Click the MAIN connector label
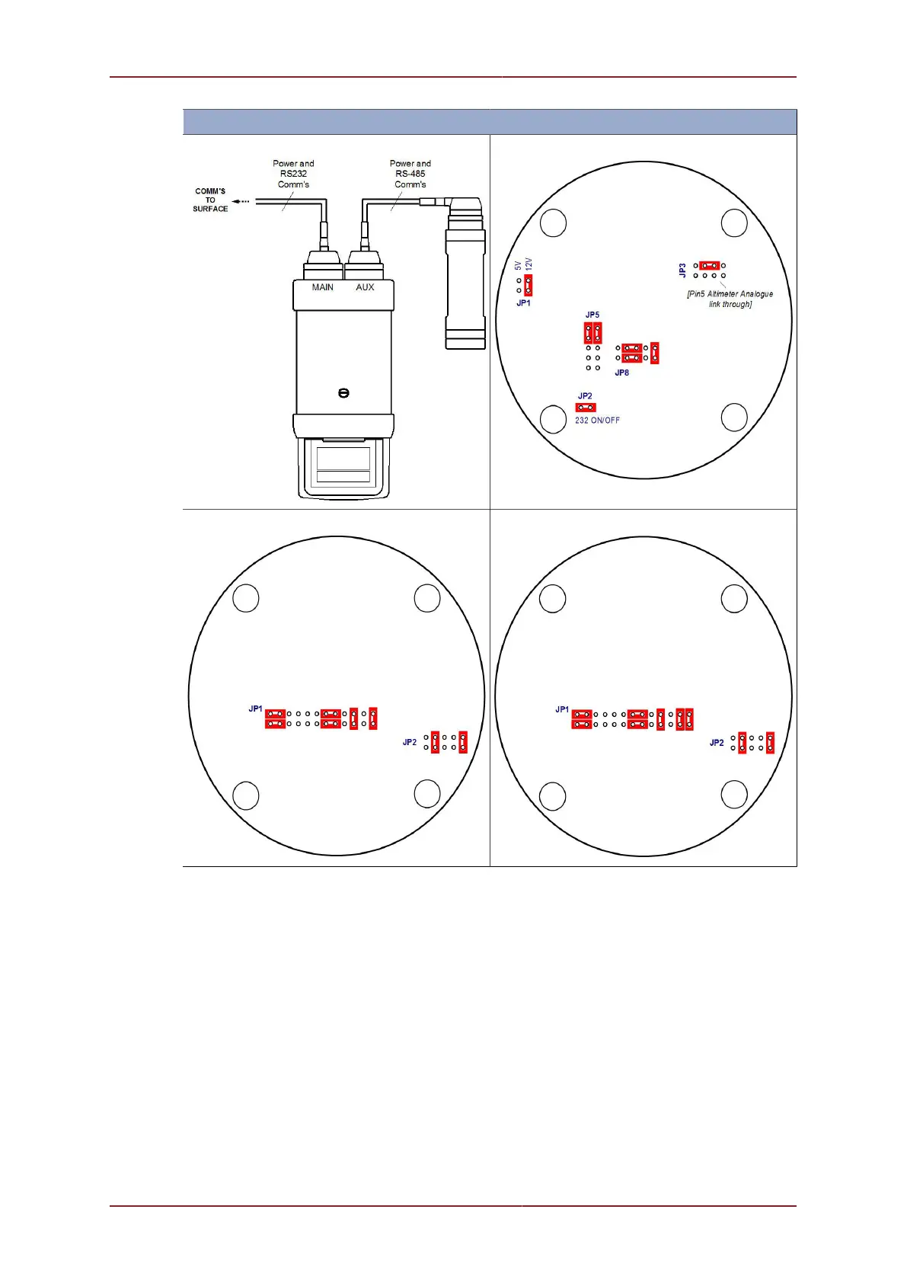click(322, 287)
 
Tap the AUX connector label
click(365, 287)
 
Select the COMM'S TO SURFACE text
click(210, 200)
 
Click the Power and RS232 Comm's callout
click(293, 174)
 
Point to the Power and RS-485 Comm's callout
click(410, 174)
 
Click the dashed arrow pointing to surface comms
click(241, 201)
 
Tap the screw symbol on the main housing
click(343, 393)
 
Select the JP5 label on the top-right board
click(592, 315)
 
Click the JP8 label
click(622, 373)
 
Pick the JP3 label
click(683, 270)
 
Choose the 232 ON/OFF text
click(597, 421)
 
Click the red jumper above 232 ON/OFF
click(586, 408)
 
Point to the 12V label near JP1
click(529, 264)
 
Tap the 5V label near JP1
click(518, 265)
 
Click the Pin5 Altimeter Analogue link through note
click(730, 299)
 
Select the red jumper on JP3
click(709, 265)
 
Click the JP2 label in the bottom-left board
click(410, 742)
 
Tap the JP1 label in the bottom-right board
click(562, 709)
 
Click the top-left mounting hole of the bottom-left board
click(245, 598)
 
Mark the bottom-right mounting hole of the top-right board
click(734, 418)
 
